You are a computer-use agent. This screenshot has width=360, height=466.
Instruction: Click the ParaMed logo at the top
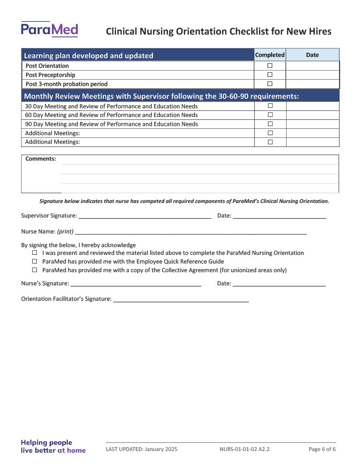49,30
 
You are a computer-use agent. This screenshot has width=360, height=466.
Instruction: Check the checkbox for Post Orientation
270,66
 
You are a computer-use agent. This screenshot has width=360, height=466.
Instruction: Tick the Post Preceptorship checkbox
270,75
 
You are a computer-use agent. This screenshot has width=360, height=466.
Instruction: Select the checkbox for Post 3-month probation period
270,84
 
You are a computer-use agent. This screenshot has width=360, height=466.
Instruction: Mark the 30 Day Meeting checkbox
270,106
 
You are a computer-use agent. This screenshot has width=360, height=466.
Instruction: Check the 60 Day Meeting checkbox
270,115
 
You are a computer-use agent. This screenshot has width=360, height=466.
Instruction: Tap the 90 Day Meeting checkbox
270,124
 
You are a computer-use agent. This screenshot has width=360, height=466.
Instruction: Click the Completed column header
270,55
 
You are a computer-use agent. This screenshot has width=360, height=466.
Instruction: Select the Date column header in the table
312,55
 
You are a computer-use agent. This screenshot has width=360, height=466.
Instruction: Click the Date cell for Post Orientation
312,66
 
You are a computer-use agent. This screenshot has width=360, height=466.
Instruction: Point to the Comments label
41,159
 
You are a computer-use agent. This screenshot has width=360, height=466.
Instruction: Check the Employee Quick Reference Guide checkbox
35,261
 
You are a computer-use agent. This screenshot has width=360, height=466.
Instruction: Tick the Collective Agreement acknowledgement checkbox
35,270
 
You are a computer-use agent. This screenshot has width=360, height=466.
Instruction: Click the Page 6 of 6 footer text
322,449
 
